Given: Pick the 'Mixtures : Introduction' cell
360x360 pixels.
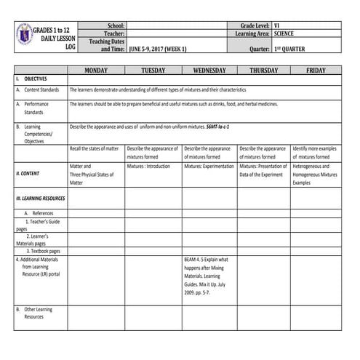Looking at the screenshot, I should [148, 166].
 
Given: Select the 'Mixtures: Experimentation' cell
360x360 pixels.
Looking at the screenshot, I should [209, 166].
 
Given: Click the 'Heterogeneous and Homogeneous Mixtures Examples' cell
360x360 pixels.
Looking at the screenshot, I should [315, 175].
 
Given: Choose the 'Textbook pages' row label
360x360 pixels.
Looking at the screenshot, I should [44, 251].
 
